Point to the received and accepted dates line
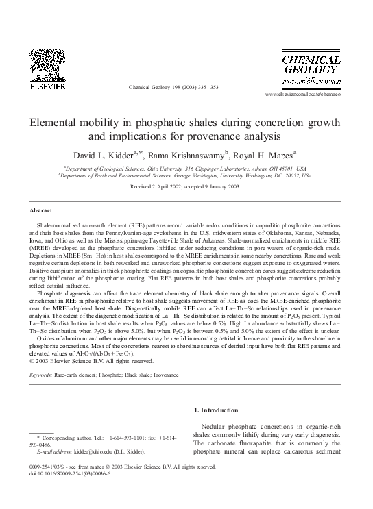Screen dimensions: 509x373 point(186,187)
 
